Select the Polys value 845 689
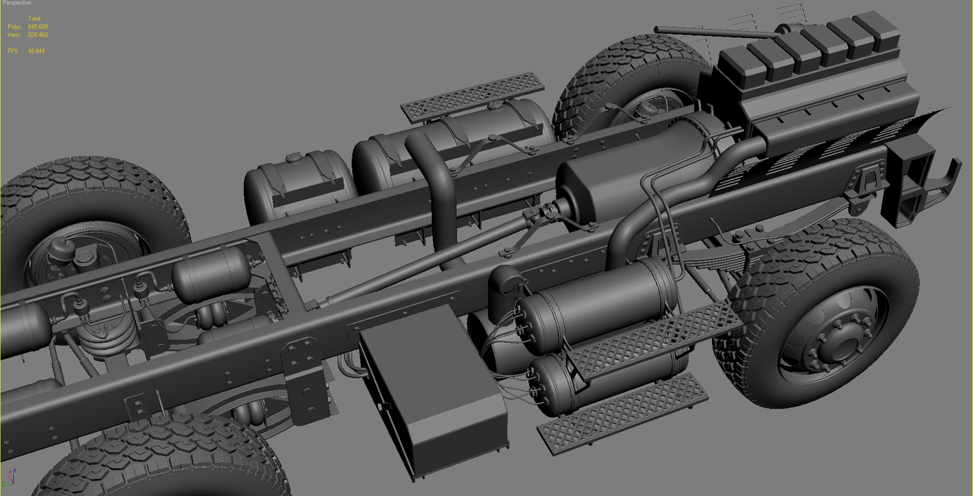(x=37, y=27)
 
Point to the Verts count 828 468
(x=37, y=35)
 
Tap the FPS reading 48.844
(x=36, y=51)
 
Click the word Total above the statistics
(x=34, y=19)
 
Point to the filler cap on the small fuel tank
(x=293, y=158)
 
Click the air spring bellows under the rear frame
(x=107, y=341)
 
